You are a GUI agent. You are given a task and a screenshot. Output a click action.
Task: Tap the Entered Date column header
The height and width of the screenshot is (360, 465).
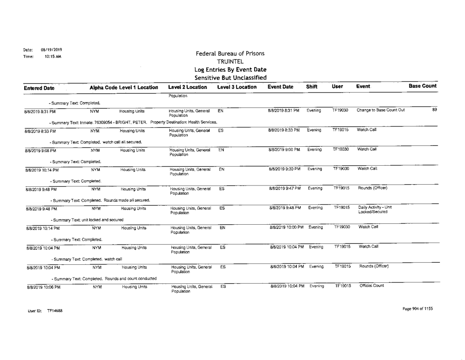coord(26,87)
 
